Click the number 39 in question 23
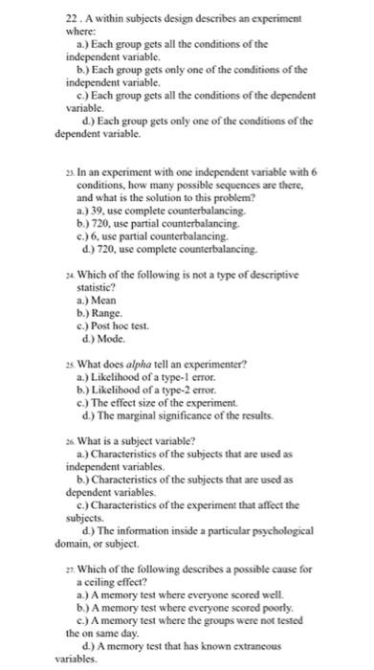tap(96, 208)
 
